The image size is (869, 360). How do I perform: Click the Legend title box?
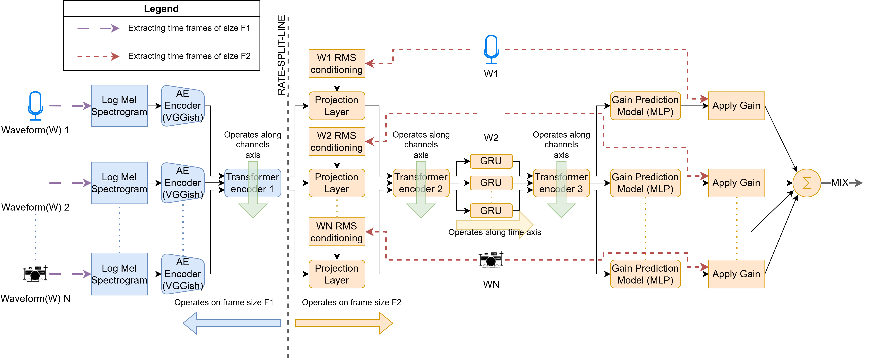coord(161,8)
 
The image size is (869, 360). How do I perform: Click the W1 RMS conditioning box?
coord(337,64)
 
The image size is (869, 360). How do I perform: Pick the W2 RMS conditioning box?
coord(337,141)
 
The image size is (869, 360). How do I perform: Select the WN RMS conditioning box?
coord(337,232)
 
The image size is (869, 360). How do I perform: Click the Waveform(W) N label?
coord(35,298)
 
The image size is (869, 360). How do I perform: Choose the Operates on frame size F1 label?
coord(224,302)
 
